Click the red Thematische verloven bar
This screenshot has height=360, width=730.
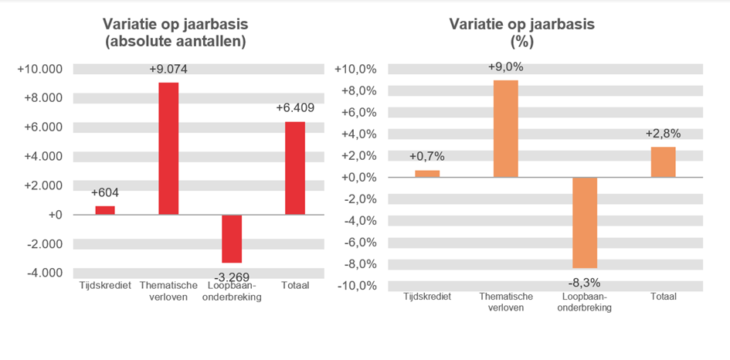(x=168, y=148)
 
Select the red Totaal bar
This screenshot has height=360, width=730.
(x=294, y=168)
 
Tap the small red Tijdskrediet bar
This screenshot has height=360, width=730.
(x=105, y=210)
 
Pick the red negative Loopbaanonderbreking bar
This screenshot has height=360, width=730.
(x=232, y=239)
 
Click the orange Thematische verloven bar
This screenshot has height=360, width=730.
(x=506, y=128)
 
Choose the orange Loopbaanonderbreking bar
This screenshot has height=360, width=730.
(x=585, y=222)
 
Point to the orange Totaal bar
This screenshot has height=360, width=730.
(x=663, y=161)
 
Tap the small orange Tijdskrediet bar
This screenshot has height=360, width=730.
(x=427, y=173)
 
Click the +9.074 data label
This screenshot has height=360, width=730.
(x=168, y=70)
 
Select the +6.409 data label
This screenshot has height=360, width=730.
(x=295, y=108)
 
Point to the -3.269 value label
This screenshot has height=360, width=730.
(x=232, y=276)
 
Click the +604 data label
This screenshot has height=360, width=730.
(x=105, y=193)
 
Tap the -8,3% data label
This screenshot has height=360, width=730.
(x=585, y=282)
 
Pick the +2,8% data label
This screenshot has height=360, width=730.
(x=663, y=134)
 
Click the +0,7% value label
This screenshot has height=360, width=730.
(x=427, y=157)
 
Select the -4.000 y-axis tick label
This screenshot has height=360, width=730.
(x=42, y=273)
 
